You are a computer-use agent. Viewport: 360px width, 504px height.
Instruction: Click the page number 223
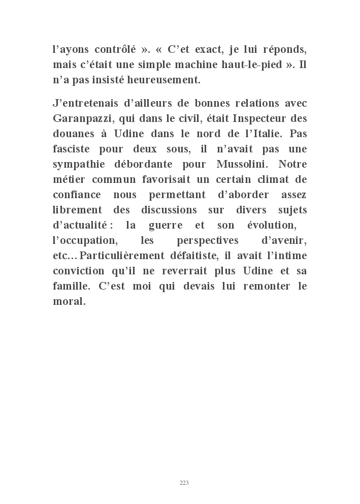click(184, 483)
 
